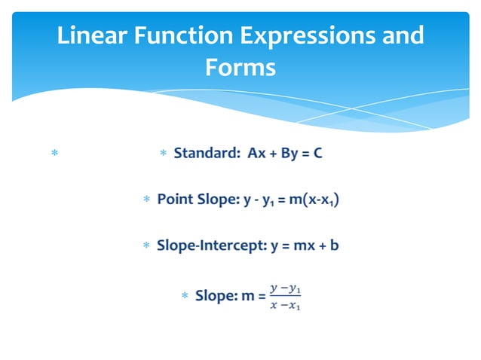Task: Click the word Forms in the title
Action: (x=240, y=68)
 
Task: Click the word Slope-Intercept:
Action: (x=211, y=246)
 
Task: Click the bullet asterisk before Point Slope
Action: (x=146, y=200)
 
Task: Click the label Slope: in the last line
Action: (x=216, y=296)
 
